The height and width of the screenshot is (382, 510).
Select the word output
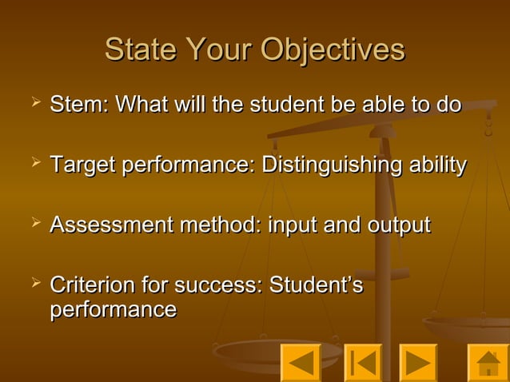coord(397,225)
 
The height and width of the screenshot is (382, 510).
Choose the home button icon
coord(487,363)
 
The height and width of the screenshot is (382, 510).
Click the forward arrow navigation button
coord(418,363)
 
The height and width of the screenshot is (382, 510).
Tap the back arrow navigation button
coord(301,363)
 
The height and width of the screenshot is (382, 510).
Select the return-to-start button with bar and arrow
coord(363,363)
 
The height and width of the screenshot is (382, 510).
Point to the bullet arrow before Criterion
coord(34,282)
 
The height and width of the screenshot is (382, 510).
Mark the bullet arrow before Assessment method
coord(34,224)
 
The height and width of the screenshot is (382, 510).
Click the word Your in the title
coord(220,50)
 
